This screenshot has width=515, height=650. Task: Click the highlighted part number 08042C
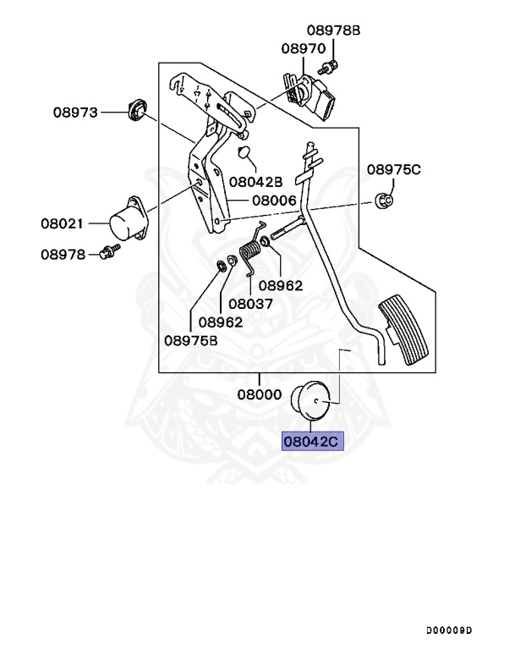click(x=313, y=441)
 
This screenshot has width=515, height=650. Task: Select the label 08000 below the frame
click(x=260, y=394)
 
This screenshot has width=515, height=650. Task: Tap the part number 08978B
click(x=333, y=30)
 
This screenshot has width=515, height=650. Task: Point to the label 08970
click(x=304, y=49)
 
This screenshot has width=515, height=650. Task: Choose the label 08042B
click(x=255, y=181)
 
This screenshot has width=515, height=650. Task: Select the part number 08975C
click(x=393, y=169)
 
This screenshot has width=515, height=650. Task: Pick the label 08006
click(x=272, y=201)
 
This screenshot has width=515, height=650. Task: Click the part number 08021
click(x=64, y=223)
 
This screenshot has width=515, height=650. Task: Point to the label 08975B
click(x=191, y=340)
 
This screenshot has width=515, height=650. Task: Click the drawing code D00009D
click(x=450, y=630)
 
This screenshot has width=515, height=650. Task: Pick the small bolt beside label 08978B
click(x=328, y=67)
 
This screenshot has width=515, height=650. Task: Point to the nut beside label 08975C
click(x=382, y=201)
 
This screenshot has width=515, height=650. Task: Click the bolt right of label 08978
click(x=107, y=251)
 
